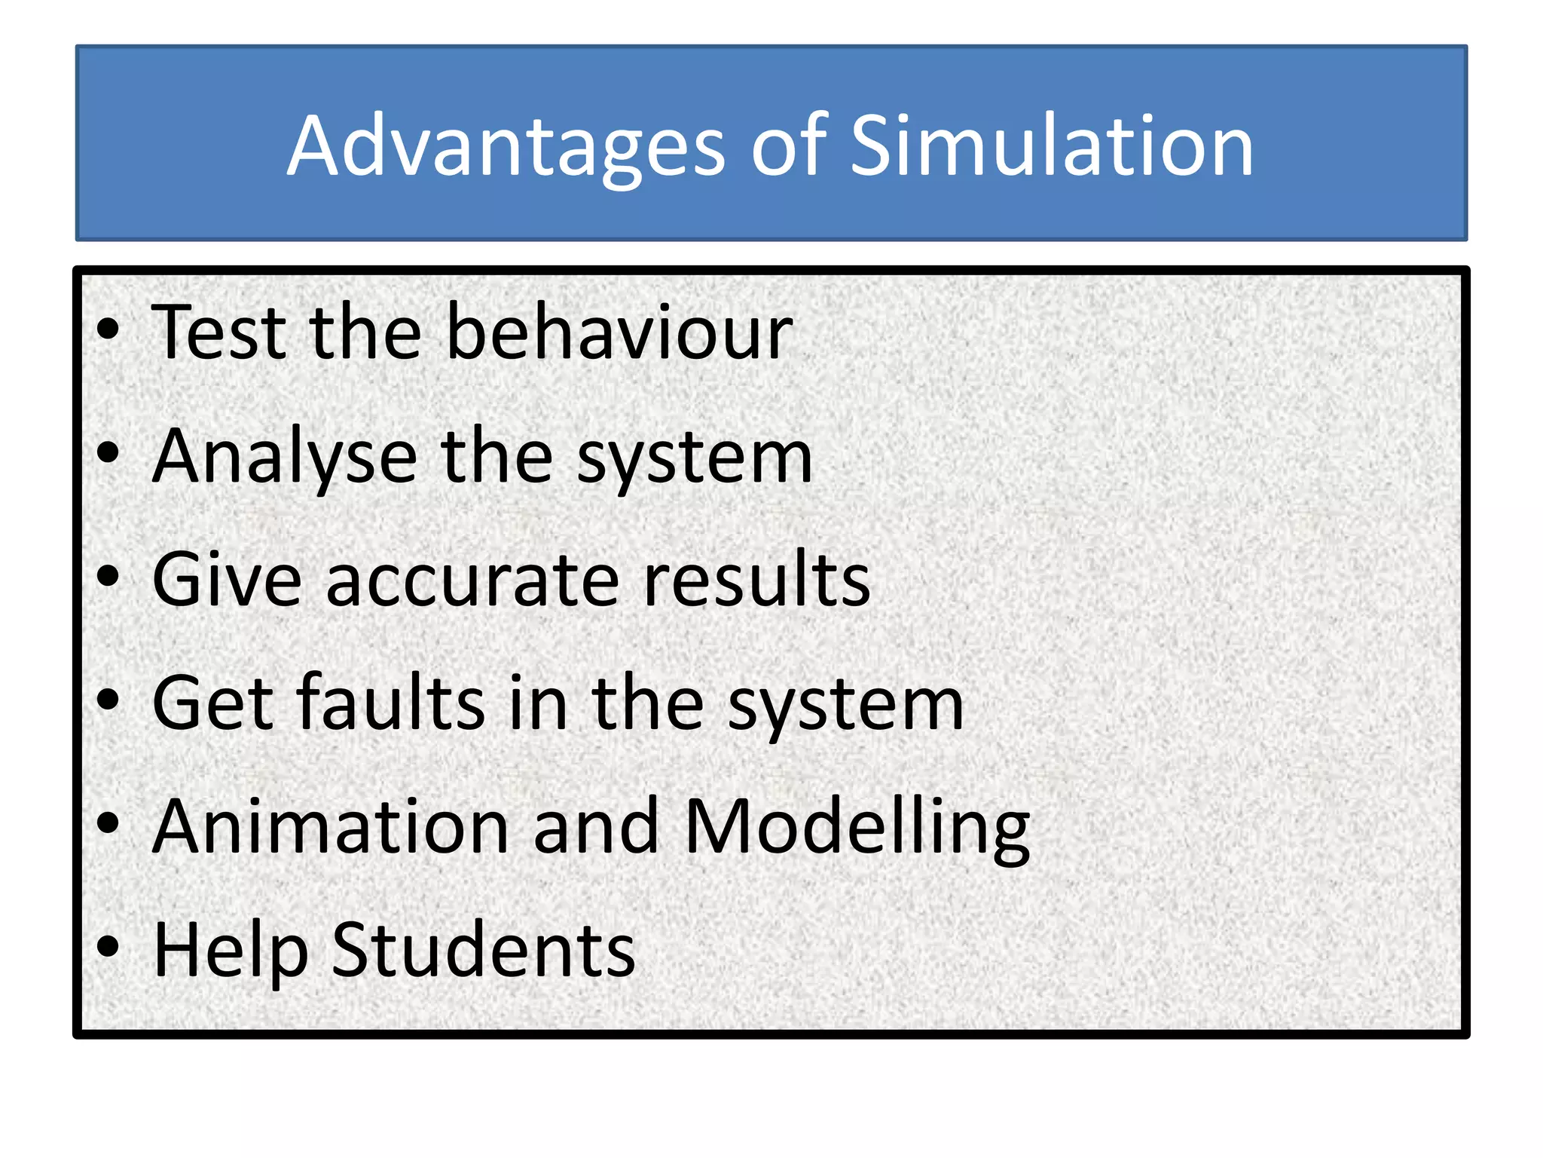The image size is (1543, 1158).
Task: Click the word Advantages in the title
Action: tap(506, 147)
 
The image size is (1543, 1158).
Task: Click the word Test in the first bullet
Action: tap(219, 332)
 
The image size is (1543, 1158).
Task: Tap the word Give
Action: tap(227, 579)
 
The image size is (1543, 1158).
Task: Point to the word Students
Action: tap(483, 950)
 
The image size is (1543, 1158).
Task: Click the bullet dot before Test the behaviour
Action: tap(108, 329)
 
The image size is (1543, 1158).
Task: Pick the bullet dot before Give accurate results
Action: tap(108, 577)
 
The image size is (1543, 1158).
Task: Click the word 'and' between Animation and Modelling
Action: tap(596, 826)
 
